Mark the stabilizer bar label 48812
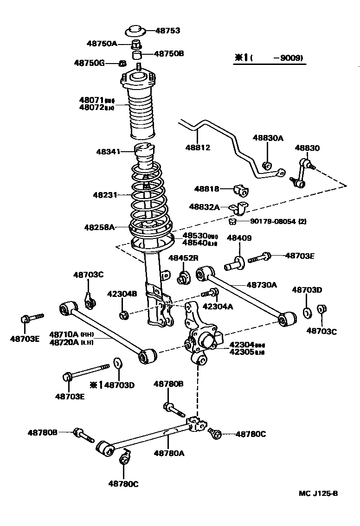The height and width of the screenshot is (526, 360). click(x=199, y=148)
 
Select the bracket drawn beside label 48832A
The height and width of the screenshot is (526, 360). click(x=239, y=208)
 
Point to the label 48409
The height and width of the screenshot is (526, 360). click(x=239, y=238)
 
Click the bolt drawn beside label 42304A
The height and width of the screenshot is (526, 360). click(x=211, y=293)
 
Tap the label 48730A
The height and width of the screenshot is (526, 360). click(x=262, y=285)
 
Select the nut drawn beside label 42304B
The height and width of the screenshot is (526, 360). click(x=123, y=315)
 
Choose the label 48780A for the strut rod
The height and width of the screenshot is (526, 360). click(x=169, y=453)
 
